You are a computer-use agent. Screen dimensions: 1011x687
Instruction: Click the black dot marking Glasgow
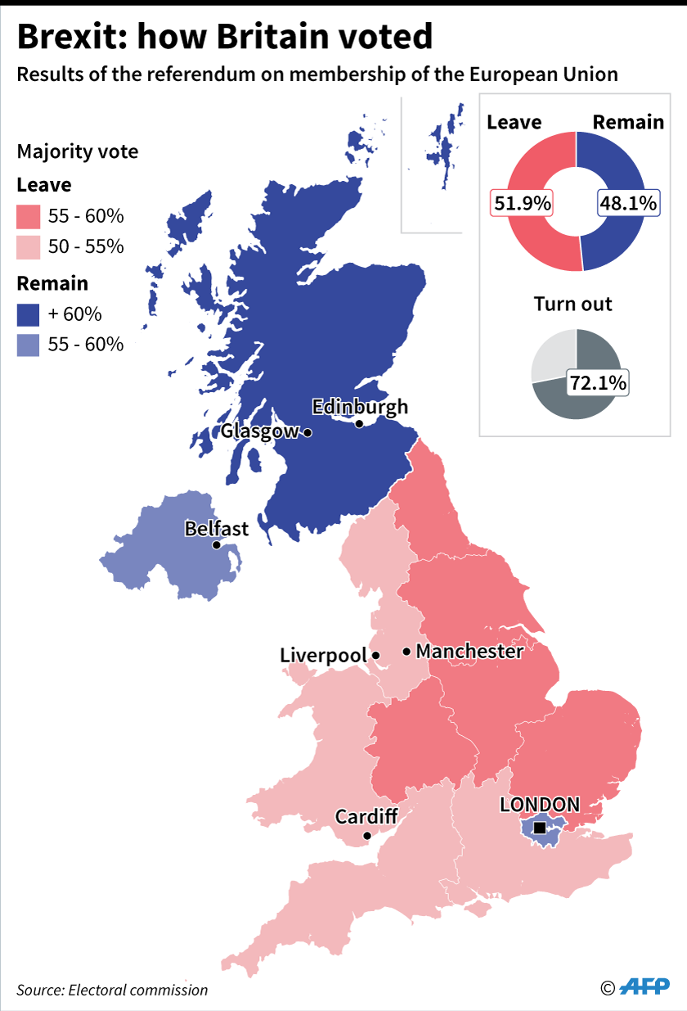coord(308,432)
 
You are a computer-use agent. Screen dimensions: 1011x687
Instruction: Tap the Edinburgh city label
coord(360,407)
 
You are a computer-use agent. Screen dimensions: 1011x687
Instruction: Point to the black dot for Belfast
coord(216,545)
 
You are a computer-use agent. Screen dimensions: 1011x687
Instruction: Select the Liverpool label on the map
coord(323,656)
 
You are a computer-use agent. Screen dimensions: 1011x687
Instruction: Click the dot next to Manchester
coord(406,652)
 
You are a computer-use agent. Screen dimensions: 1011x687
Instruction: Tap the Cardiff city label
coord(366,816)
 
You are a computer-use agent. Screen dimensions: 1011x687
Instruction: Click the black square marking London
coord(539,828)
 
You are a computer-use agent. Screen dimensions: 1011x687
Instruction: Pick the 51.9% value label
coord(521,203)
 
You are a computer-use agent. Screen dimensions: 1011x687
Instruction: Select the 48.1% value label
coord(628,203)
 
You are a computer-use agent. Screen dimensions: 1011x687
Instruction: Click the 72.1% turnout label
coord(598,381)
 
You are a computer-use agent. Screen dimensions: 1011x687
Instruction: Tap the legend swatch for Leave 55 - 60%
coord(28,217)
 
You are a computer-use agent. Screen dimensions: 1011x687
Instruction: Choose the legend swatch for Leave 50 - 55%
coord(28,246)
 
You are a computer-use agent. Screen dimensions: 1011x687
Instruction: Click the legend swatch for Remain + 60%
coord(28,314)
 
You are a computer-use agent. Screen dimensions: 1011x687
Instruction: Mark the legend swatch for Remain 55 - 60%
coord(28,345)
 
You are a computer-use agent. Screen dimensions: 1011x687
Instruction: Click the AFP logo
coord(646,987)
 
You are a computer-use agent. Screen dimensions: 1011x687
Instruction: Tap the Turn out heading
coord(572,305)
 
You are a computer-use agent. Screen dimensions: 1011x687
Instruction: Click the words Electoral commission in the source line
coord(138,990)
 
